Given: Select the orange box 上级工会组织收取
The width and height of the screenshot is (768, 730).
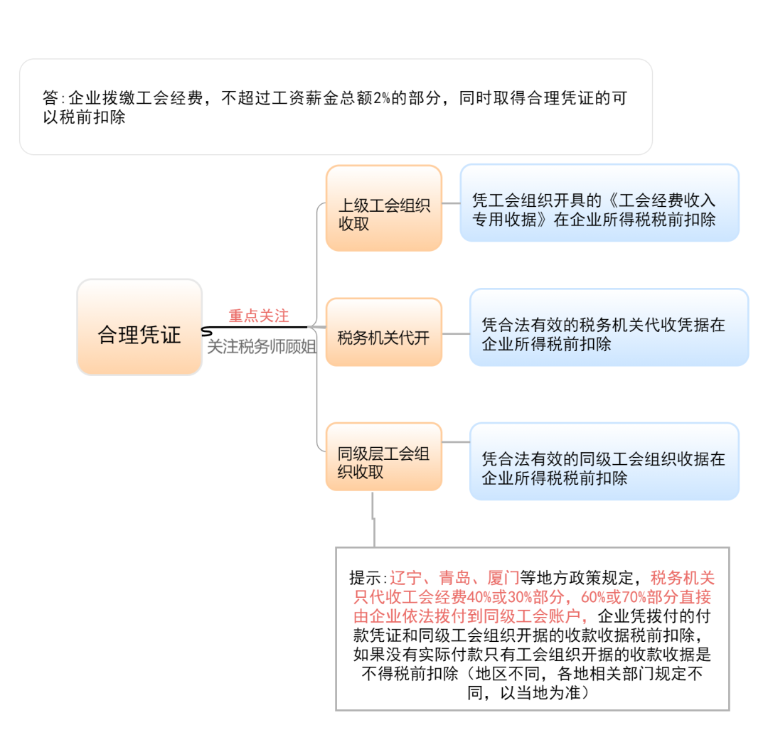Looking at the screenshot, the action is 384,208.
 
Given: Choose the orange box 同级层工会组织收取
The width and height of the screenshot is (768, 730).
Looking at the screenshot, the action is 384,456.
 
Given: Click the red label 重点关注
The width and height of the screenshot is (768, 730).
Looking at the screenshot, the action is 258,315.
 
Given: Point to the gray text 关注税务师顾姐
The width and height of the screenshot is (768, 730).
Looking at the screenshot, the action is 261,348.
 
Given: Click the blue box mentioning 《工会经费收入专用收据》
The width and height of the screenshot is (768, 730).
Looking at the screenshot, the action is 599,203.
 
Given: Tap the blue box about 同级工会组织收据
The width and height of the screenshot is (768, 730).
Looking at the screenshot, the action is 604,461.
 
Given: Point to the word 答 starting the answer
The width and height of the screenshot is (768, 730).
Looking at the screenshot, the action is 50,98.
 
